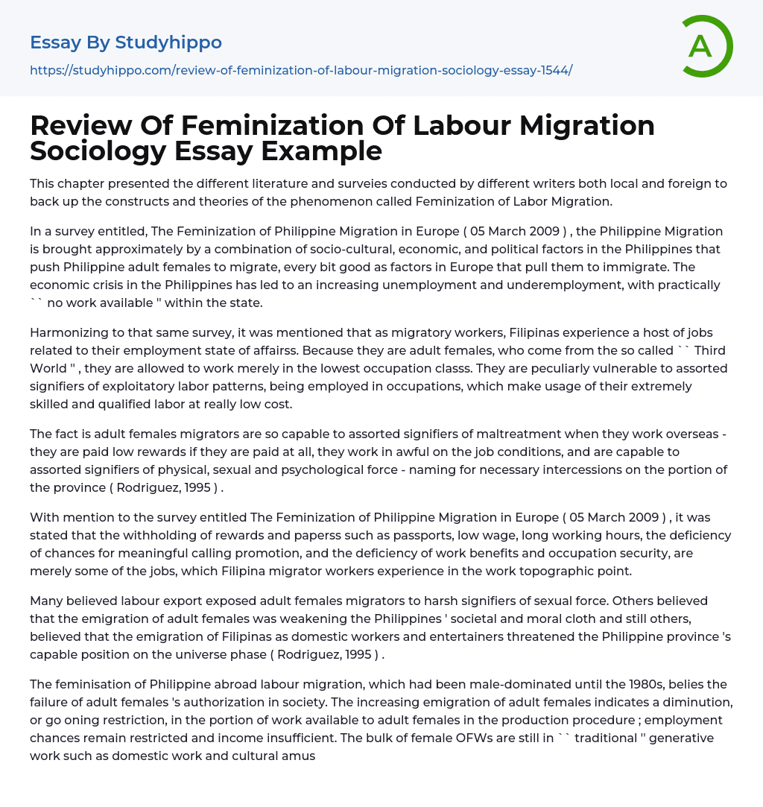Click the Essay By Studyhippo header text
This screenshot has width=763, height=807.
pyautogui.click(x=126, y=42)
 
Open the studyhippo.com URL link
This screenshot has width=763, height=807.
pyautogui.click(x=301, y=70)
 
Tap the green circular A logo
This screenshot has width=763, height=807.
pyautogui.click(x=702, y=46)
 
